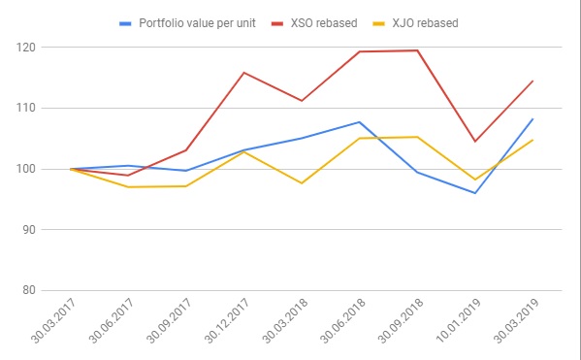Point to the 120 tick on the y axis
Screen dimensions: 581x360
(x=25, y=48)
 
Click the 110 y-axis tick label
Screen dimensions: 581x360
(x=25, y=109)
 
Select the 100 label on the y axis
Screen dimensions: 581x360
(x=25, y=169)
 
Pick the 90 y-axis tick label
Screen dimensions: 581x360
(x=29, y=230)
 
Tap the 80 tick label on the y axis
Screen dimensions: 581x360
(x=29, y=290)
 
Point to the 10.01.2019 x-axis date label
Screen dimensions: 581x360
(x=459, y=320)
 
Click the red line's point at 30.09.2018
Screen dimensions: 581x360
(x=417, y=50)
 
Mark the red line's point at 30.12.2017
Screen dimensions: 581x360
(x=243, y=73)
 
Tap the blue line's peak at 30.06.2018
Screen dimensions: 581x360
(x=360, y=122)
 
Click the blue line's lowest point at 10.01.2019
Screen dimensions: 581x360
(x=475, y=193)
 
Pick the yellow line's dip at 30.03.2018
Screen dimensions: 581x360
(x=302, y=183)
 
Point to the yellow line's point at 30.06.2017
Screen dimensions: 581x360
(x=128, y=187)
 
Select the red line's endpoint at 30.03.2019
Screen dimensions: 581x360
(x=533, y=81)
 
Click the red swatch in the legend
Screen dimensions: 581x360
(x=277, y=23)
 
